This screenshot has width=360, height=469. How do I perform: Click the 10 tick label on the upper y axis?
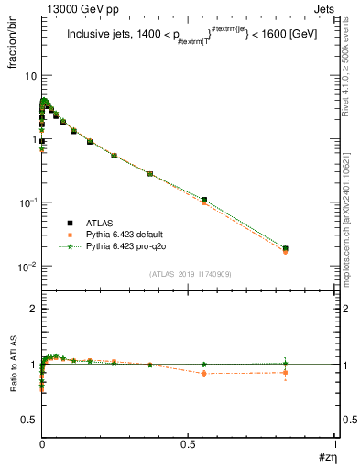tap(31, 75)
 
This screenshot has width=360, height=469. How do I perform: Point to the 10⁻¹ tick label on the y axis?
tap(28, 202)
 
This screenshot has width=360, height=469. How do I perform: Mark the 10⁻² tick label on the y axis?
tap(28, 267)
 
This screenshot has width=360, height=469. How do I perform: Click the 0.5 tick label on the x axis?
tap(190, 443)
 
